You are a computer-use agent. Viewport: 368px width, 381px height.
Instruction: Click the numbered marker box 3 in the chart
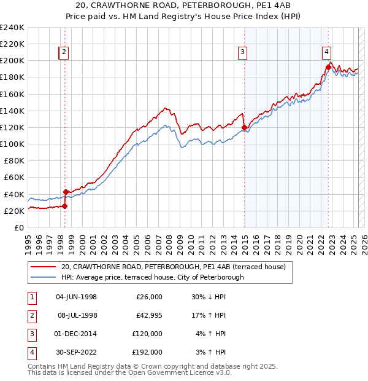(x=243, y=52)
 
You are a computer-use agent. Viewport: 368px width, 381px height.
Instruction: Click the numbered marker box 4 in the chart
(x=327, y=52)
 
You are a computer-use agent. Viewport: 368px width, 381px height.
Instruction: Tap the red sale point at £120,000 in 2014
(x=245, y=128)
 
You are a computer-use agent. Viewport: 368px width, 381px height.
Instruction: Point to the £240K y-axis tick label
(x=12, y=28)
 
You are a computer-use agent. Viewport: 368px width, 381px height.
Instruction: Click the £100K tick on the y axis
(x=12, y=144)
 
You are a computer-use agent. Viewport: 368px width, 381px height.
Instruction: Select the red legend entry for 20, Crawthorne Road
(x=177, y=267)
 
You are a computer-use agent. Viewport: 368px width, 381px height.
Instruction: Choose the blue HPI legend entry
(x=152, y=277)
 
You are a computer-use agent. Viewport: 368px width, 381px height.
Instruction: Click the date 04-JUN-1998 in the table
(x=76, y=297)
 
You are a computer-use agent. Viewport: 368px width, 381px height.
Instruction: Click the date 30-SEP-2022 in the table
(x=76, y=352)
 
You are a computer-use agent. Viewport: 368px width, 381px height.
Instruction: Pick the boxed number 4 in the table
(x=31, y=352)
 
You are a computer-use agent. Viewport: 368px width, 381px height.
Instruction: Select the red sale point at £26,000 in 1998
(x=64, y=206)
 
